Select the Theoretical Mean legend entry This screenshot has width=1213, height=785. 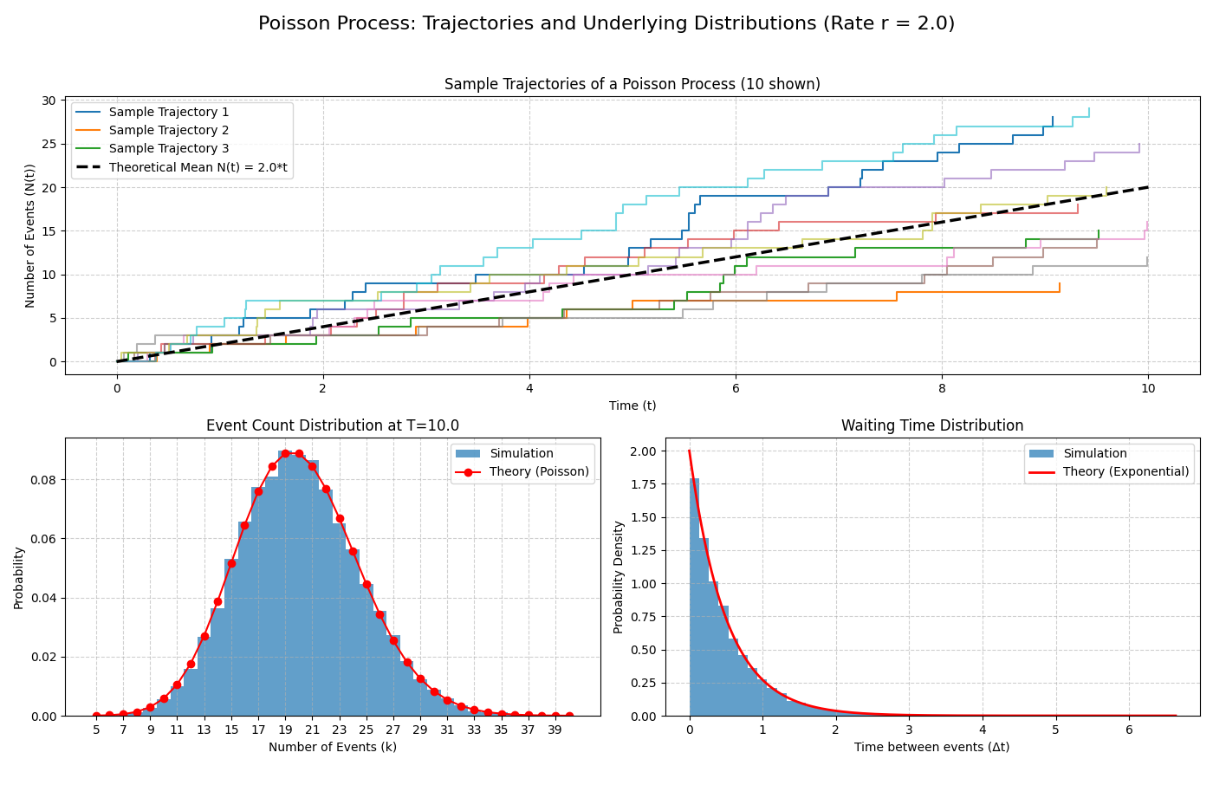[x=198, y=167]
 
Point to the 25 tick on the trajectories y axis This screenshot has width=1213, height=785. [x=49, y=144]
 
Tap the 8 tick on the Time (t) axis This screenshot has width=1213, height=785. [x=942, y=389]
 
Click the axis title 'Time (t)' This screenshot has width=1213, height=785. [x=632, y=405]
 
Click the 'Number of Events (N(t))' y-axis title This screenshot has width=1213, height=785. [x=30, y=236]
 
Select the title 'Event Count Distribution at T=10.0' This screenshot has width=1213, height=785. [x=333, y=425]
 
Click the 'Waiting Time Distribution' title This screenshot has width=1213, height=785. [x=932, y=425]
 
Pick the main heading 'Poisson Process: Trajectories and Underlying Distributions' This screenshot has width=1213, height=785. [x=606, y=23]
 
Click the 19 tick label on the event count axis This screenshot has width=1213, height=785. [x=285, y=730]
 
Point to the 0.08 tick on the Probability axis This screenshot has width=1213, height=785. [x=44, y=480]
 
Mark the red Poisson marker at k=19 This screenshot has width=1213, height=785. [x=285, y=453]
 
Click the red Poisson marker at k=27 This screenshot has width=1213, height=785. [x=393, y=640]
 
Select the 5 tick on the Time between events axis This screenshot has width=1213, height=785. [x=1055, y=730]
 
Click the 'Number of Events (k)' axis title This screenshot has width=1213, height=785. [x=333, y=747]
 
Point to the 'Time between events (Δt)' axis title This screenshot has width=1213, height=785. [x=932, y=747]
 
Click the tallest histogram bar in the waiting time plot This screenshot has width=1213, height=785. [x=694, y=598]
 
